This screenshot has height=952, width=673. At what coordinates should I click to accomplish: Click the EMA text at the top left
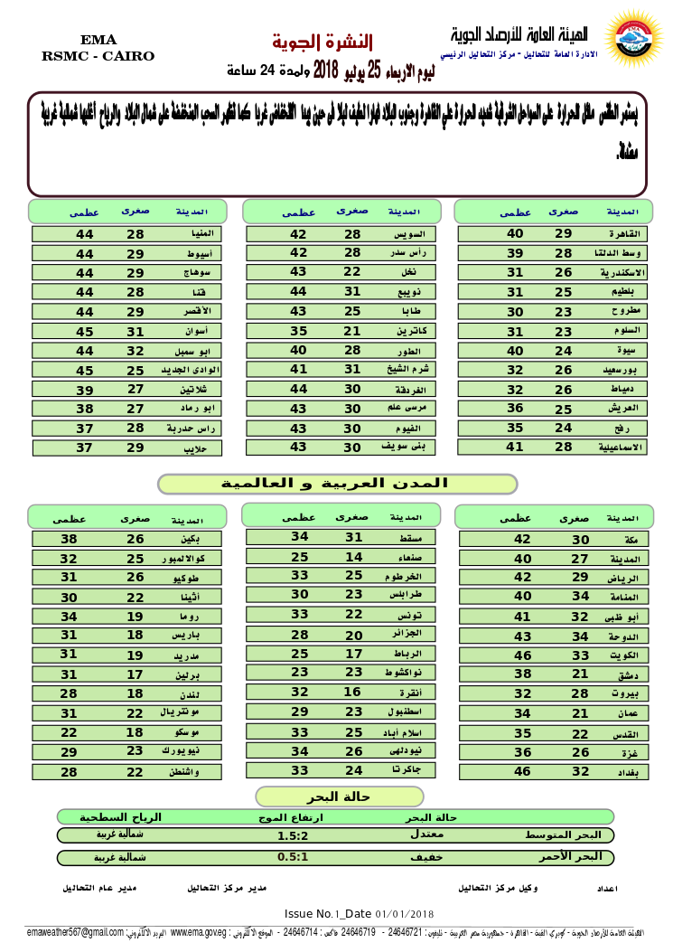point(98,40)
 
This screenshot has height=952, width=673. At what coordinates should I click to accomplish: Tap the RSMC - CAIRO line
point(98,56)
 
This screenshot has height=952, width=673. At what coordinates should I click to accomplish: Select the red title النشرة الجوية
point(322,42)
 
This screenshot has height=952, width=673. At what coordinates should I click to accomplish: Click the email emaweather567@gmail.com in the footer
point(75,932)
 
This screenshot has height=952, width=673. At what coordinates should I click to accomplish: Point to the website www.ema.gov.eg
point(199,932)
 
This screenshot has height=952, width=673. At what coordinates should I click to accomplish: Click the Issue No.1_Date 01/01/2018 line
point(360,914)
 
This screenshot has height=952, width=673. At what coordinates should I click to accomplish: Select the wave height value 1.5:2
point(293,835)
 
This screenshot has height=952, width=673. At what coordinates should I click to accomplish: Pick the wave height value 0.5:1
point(293,857)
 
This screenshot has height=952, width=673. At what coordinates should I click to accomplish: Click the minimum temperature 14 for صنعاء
point(354,557)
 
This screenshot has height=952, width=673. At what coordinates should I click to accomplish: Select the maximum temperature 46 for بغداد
point(522,771)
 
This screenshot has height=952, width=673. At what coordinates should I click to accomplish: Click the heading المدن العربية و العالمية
point(336,485)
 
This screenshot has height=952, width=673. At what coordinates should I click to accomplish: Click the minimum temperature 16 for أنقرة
point(354,692)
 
